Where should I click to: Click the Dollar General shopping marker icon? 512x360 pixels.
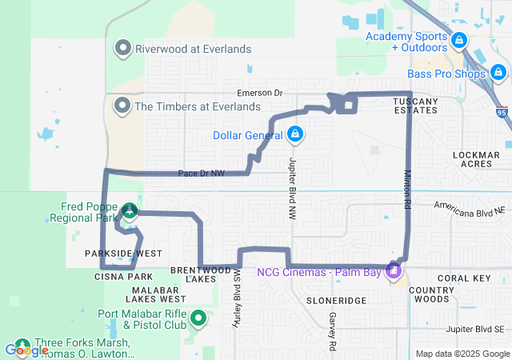point(295,134)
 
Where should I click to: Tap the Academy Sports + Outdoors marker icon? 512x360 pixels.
point(458,39)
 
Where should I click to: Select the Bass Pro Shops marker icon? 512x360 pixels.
point(499,74)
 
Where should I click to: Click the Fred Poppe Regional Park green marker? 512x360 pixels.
point(129,211)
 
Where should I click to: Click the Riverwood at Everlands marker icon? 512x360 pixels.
point(123,49)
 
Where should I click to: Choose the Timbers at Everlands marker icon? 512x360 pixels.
point(123,106)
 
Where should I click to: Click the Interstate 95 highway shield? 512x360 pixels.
point(502,113)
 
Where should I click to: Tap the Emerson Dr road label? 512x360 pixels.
point(254,93)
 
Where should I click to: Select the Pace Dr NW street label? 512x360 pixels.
point(201,173)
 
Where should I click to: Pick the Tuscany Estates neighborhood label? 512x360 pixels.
point(415,105)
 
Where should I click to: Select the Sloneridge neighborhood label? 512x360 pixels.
point(336,300)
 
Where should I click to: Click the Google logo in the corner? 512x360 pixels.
point(26,350)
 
